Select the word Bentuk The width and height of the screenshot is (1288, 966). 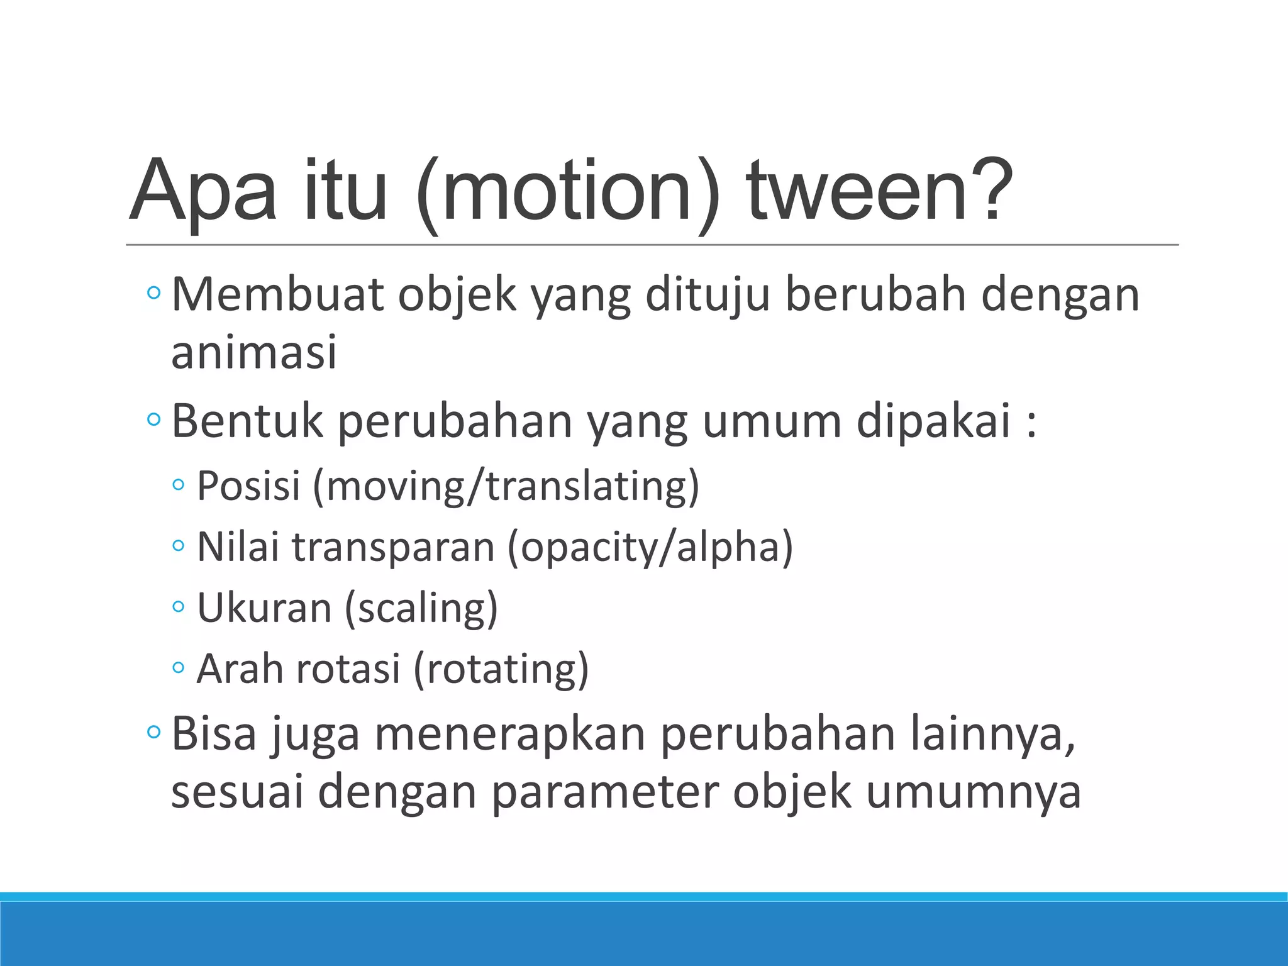247,421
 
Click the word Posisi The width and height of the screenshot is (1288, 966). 249,486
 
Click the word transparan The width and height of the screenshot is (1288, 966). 393,547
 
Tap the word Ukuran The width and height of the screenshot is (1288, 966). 264,608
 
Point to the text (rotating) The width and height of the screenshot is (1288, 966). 501,669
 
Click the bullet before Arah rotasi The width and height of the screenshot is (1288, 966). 179,669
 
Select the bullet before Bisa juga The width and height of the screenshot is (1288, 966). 153,732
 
